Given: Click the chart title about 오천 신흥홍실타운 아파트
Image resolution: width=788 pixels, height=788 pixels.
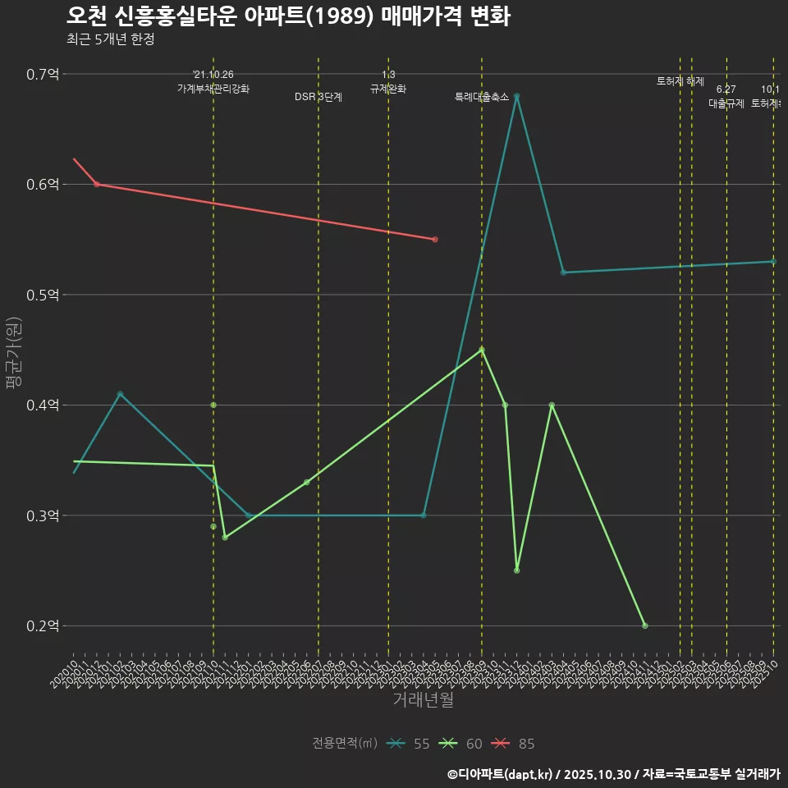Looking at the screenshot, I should click(x=288, y=16).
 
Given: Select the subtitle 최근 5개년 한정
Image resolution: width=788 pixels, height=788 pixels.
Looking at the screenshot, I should click(x=110, y=39).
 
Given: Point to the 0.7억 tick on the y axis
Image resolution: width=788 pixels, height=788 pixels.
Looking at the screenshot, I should click(x=43, y=74).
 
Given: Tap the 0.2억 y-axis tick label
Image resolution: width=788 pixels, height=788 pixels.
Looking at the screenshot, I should click(x=43, y=626).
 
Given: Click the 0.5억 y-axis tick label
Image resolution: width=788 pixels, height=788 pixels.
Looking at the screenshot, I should click(x=43, y=295).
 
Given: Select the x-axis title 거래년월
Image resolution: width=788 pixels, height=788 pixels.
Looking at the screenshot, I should click(x=423, y=700).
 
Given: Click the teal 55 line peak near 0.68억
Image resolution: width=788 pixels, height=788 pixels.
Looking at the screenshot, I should click(x=516, y=96).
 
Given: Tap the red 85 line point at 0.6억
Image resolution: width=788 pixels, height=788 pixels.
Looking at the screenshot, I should click(x=97, y=184).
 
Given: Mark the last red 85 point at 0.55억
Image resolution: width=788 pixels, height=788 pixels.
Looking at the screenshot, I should click(x=435, y=240).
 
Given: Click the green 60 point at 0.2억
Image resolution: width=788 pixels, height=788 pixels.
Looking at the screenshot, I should click(x=645, y=625).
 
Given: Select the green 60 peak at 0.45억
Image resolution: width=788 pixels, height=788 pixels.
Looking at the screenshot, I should click(x=482, y=350).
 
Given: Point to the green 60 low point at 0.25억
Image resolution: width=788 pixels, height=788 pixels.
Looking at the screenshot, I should click(x=516, y=570).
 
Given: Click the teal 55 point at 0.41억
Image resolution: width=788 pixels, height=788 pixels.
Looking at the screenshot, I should click(x=120, y=394).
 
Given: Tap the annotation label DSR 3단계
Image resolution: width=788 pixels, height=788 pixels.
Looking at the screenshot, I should click(x=318, y=97).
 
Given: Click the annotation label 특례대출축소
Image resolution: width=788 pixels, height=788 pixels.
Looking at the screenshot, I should click(x=482, y=97).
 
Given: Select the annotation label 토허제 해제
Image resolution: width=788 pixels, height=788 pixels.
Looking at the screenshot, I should click(x=680, y=81).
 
